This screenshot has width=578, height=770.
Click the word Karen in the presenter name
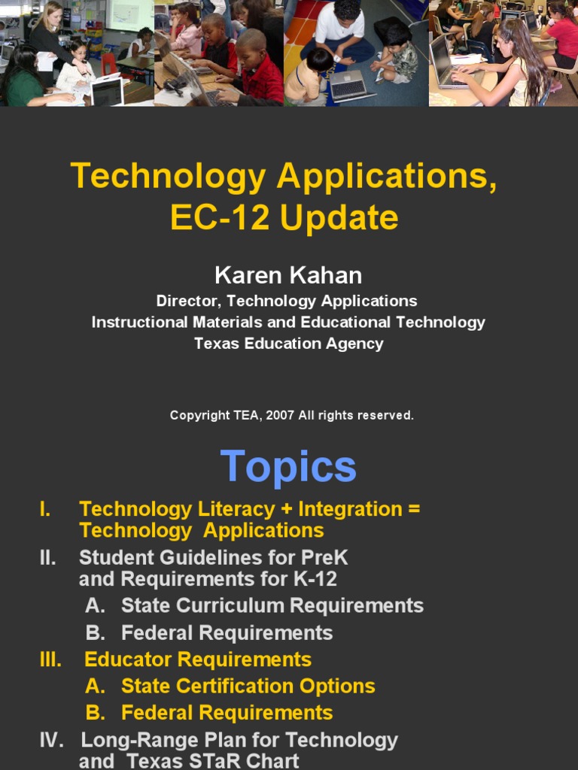[244, 275]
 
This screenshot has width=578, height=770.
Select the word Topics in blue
[288, 467]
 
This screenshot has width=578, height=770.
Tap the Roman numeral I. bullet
[45, 509]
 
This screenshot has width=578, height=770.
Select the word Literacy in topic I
[233, 509]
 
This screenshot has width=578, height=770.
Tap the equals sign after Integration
[413, 509]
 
